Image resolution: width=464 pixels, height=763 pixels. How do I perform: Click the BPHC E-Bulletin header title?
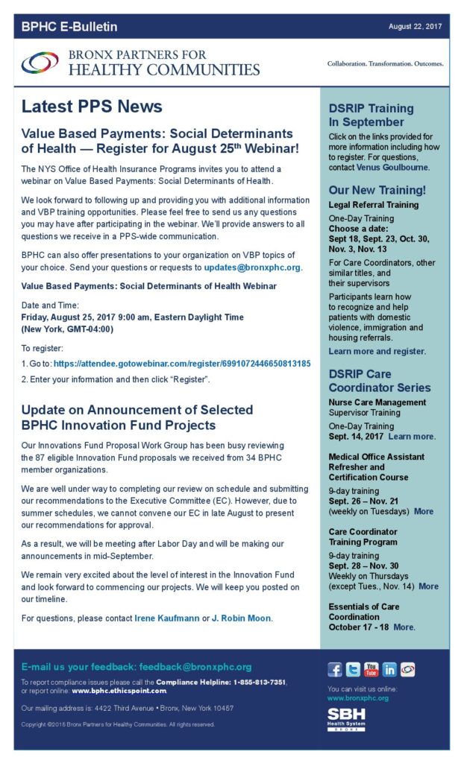[x=69, y=28]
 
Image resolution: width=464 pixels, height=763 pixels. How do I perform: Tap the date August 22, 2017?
[x=415, y=27]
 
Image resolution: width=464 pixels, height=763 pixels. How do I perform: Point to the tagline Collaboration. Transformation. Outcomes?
[x=385, y=64]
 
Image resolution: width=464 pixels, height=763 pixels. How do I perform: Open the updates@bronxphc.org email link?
[x=253, y=267]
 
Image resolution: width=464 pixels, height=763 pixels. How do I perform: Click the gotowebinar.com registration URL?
[x=182, y=364]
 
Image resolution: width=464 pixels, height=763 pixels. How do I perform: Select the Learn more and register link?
[x=377, y=351]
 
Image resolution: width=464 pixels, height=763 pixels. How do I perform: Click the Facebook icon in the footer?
[x=335, y=669]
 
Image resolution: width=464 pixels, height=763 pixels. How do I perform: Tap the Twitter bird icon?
[x=353, y=669]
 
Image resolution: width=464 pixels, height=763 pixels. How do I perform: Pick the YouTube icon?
[x=371, y=669]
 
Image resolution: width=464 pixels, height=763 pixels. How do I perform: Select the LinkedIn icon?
[x=389, y=669]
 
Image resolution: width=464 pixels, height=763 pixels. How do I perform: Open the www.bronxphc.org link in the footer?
[x=358, y=698]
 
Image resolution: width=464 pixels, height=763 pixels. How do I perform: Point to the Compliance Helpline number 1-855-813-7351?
[x=249, y=682]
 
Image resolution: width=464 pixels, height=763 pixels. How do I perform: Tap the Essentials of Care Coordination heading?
[x=364, y=612]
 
